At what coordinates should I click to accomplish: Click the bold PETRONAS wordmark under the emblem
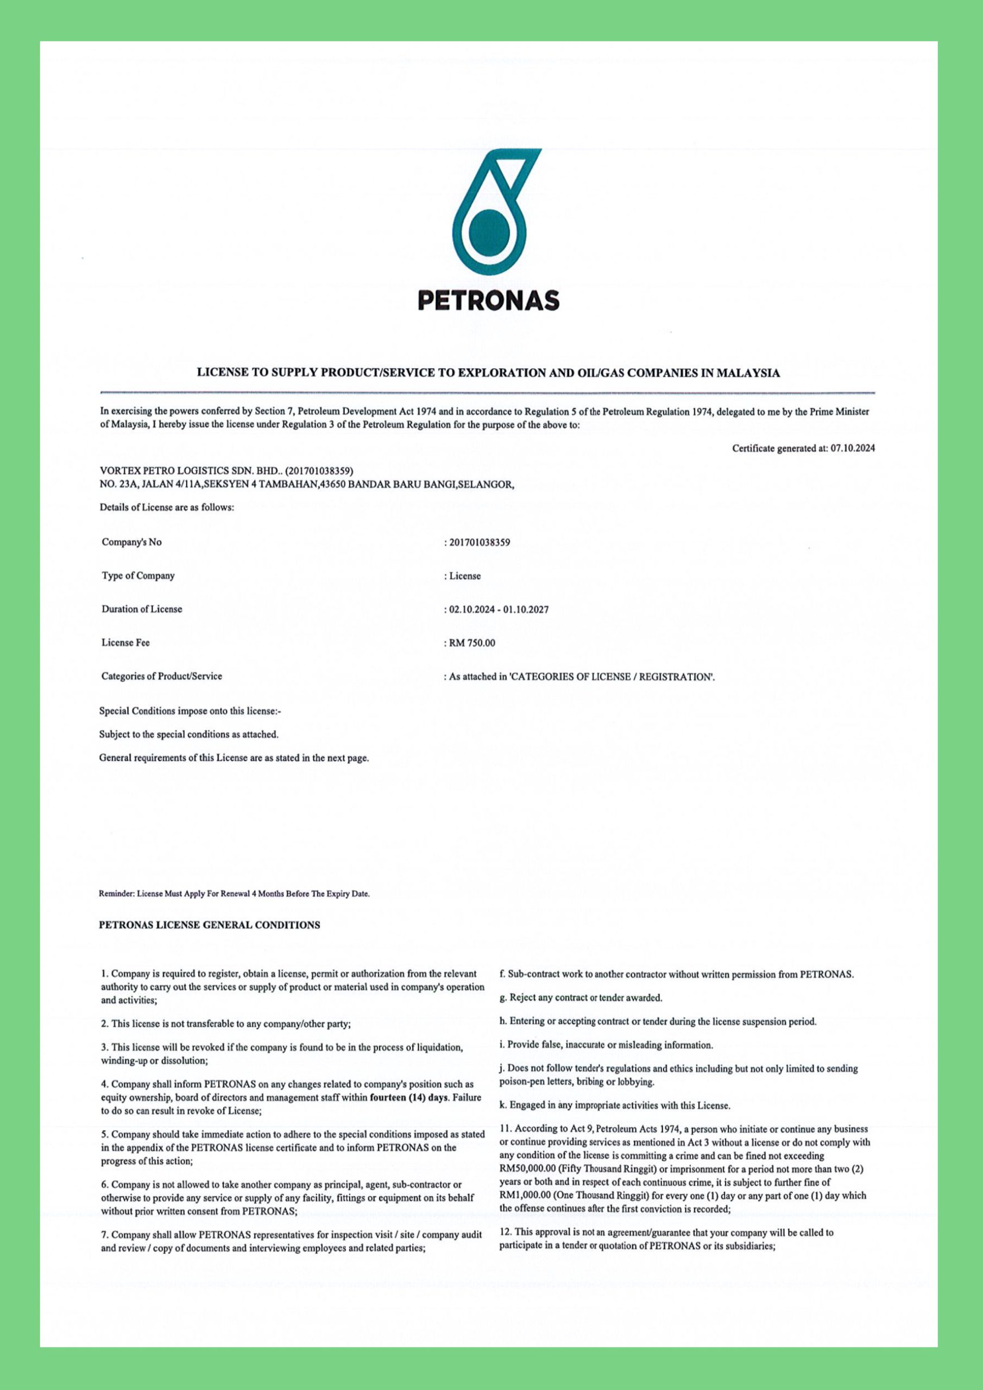pyautogui.click(x=488, y=300)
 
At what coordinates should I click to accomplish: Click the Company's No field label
pyautogui.click(x=131, y=542)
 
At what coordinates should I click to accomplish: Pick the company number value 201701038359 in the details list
pyautogui.click(x=479, y=542)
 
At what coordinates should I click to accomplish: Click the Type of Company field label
pyautogui.click(x=138, y=576)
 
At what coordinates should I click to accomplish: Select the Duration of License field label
pyautogui.click(x=142, y=609)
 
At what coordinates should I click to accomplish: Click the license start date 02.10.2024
pyautogui.click(x=472, y=610)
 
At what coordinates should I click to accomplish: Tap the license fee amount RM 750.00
pyautogui.click(x=472, y=643)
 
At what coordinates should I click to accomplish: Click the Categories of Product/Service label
pyautogui.click(x=162, y=676)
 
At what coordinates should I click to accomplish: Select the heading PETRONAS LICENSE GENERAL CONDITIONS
pyautogui.click(x=210, y=925)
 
